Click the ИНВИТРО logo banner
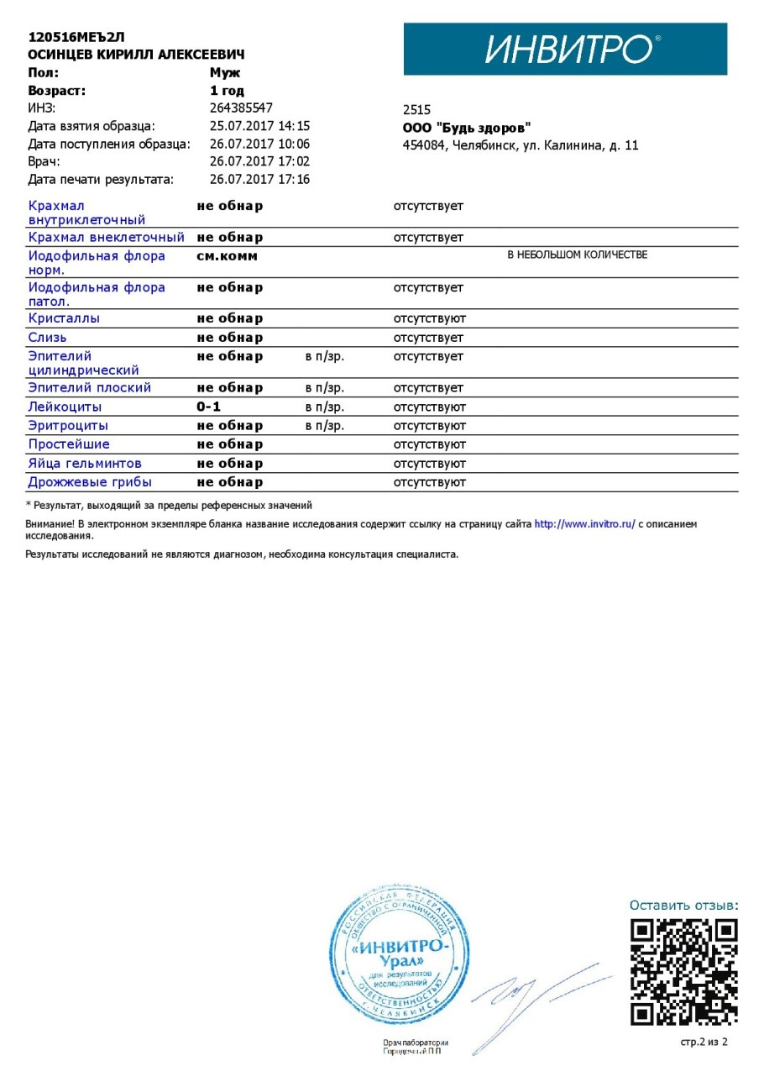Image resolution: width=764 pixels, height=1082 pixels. (565, 50)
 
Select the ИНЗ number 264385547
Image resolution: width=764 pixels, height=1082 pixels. (241, 108)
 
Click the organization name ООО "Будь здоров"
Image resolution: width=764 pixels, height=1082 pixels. (467, 128)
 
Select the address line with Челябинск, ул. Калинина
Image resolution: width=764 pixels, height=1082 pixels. (521, 145)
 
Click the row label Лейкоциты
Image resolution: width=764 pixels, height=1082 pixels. (65, 407)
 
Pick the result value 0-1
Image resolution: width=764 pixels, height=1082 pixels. (208, 407)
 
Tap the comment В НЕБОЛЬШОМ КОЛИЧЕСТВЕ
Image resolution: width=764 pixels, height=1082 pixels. (577, 255)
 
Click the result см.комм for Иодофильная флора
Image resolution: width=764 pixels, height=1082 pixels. (228, 256)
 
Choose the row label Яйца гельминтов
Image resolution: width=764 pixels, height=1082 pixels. (85, 464)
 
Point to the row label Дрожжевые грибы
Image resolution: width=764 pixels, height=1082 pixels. (90, 483)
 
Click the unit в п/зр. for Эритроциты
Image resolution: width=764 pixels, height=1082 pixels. (325, 426)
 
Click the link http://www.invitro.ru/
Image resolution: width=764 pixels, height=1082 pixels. (585, 524)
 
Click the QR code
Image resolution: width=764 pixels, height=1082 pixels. (684, 972)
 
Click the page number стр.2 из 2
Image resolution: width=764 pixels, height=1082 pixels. (704, 1043)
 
